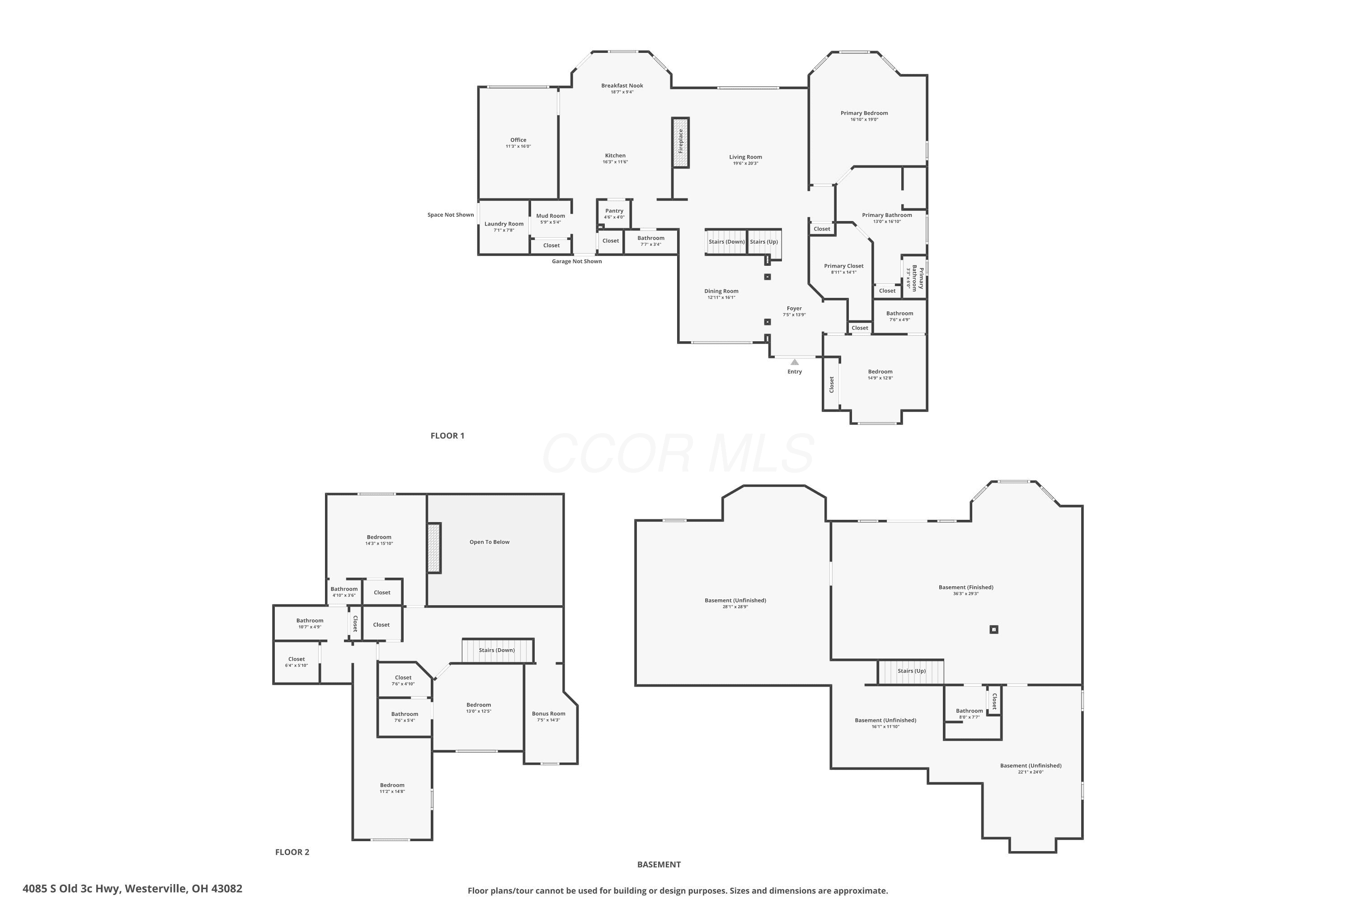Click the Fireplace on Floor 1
click(680, 142)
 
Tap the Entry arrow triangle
click(795, 362)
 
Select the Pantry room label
click(614, 211)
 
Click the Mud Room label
click(551, 216)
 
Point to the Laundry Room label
click(504, 224)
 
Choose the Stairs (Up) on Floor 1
click(764, 242)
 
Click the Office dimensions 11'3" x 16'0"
click(518, 146)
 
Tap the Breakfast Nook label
click(622, 86)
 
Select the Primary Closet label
click(843, 266)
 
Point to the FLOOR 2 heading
click(292, 852)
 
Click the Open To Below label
click(490, 542)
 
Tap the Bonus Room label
click(548, 714)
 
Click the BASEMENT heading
click(659, 865)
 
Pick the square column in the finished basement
click(993, 630)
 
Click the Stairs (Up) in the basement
click(911, 672)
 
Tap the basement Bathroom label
click(969, 711)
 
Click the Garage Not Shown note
click(577, 261)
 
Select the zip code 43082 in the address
click(226, 889)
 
